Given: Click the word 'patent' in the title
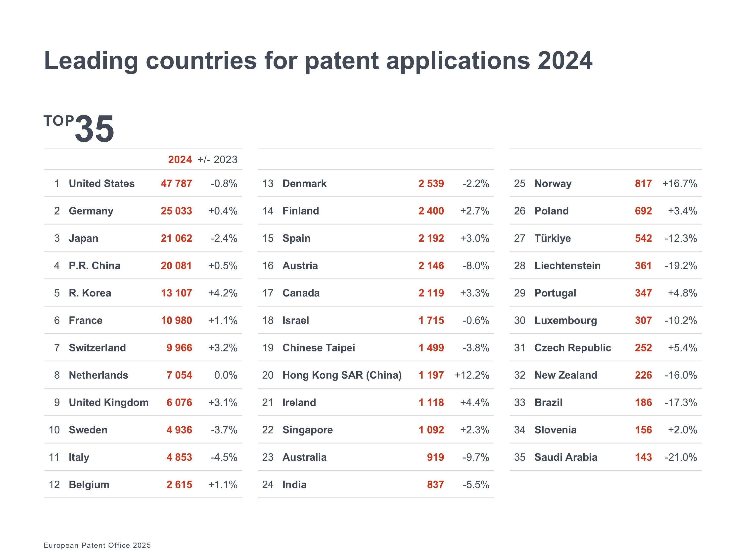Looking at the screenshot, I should point(342,61).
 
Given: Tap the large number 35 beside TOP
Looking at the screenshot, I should point(95,129).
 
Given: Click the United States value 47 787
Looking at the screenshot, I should point(176,184).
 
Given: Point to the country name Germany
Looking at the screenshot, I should point(91,211).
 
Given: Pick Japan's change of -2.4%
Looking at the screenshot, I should point(224,238).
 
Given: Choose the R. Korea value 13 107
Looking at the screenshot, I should point(176,293).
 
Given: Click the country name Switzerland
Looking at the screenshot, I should point(97,348).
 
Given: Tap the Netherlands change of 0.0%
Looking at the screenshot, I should point(226,375).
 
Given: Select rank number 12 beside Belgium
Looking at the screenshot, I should point(54,485).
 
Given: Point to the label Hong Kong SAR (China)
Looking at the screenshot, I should point(342,375).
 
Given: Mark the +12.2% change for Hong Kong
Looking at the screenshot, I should point(471,375).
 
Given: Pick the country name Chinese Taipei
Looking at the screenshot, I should point(319,348).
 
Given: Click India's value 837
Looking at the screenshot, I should point(435,485).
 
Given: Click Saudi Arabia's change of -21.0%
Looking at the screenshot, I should point(681,457).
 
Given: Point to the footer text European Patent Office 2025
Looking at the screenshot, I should point(97,546).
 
